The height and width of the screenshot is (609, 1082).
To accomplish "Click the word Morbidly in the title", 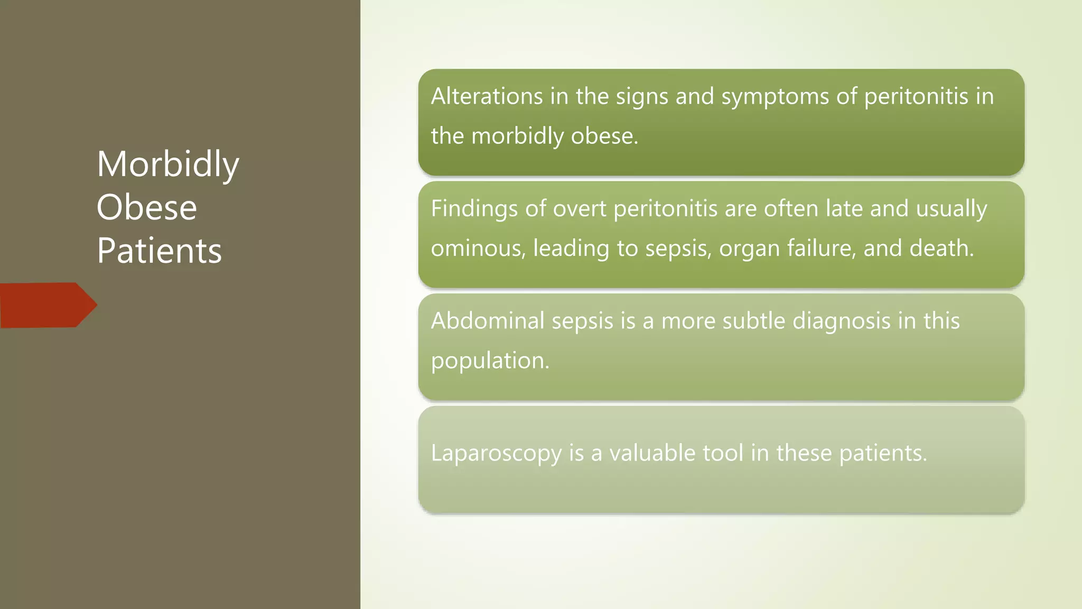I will pos(168,165).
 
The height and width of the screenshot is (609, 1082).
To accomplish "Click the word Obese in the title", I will pos(147,207).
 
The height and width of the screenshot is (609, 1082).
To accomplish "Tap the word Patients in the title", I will pos(159,251).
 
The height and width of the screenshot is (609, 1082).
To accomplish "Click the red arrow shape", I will pos(48,305).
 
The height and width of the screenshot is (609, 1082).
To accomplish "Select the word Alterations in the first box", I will pos(487,96).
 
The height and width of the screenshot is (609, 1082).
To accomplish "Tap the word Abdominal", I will pos(487,321).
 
